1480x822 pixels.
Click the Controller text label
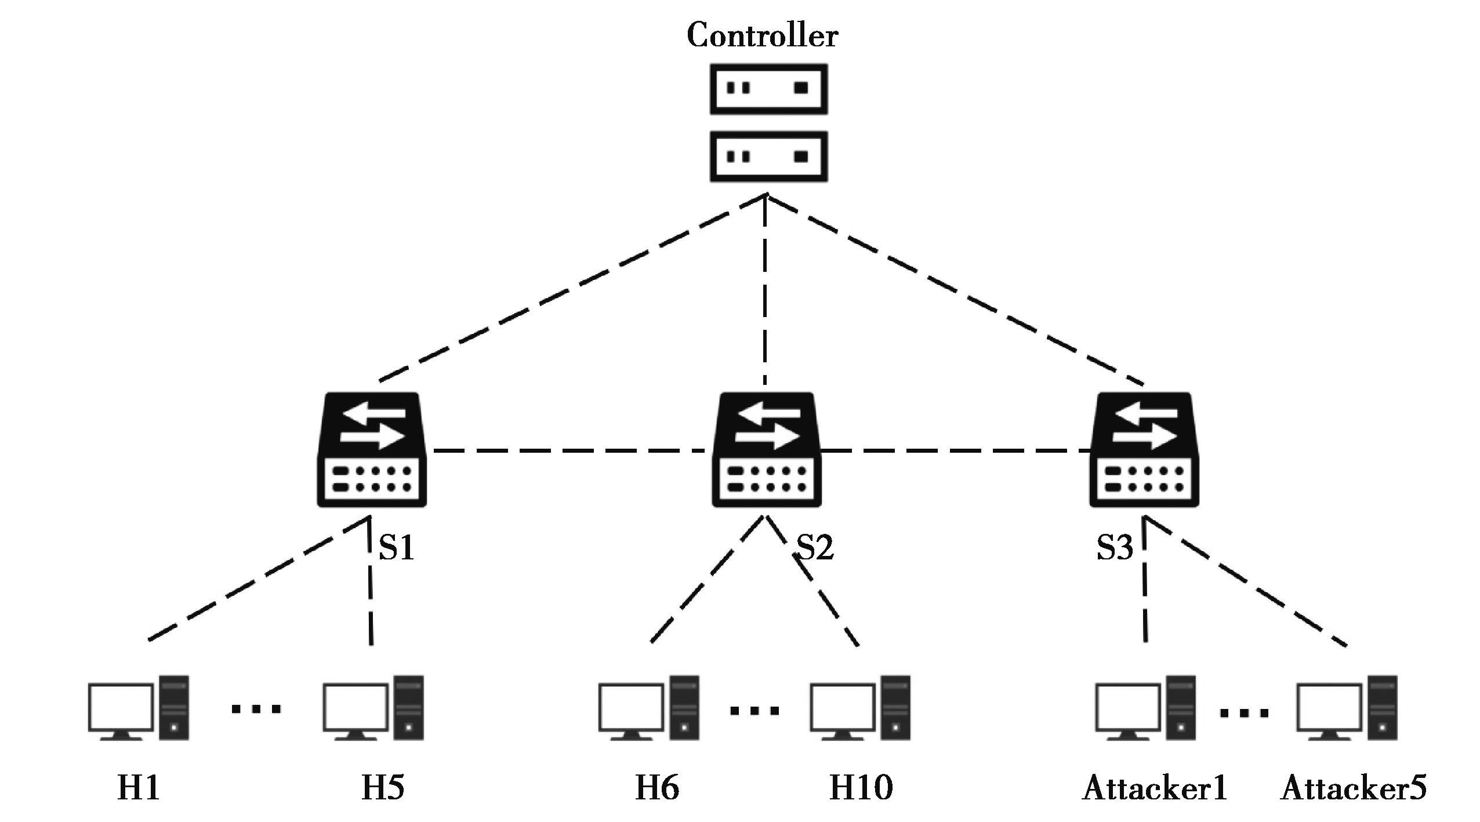(x=762, y=36)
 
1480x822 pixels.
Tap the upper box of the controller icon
(x=768, y=89)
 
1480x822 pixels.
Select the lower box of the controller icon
(x=768, y=157)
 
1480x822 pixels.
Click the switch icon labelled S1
(x=372, y=450)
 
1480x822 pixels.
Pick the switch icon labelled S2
(x=766, y=450)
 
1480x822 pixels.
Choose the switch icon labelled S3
(x=1144, y=450)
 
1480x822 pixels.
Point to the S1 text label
(x=397, y=547)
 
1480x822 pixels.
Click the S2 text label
(x=815, y=547)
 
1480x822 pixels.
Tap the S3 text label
(x=1114, y=547)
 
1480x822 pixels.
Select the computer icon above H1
(x=139, y=708)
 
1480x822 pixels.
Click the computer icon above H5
(x=373, y=708)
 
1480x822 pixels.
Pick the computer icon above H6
(x=649, y=708)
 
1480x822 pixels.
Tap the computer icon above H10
(x=861, y=708)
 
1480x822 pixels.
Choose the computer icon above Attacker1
(x=1145, y=708)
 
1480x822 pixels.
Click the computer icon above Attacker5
(x=1347, y=708)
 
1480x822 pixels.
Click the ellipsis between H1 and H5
(x=256, y=708)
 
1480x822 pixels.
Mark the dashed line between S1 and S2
(x=571, y=450)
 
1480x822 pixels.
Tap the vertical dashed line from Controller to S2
(x=766, y=290)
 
